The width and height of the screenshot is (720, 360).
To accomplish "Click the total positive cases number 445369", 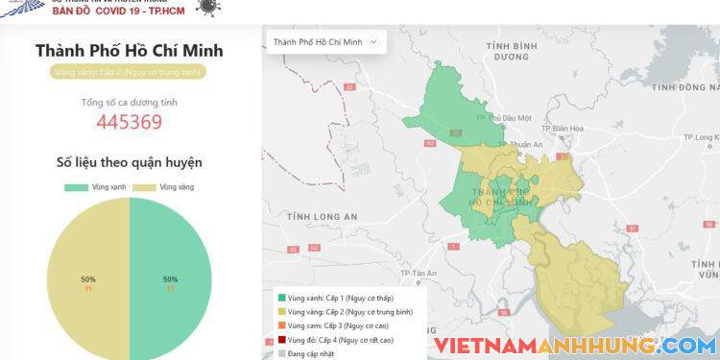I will tap(129, 122).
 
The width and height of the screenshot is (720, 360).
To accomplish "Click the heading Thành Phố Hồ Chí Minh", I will tap(129, 51).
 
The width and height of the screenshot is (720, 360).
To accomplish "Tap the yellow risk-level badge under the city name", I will tap(129, 71).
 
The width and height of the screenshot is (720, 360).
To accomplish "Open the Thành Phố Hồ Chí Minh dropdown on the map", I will tap(325, 42).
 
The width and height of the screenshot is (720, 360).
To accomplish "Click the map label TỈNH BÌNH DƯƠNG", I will tap(509, 51).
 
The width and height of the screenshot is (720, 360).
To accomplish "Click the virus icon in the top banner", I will tap(205, 6).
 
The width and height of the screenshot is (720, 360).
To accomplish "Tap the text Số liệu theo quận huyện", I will tap(129, 162).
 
